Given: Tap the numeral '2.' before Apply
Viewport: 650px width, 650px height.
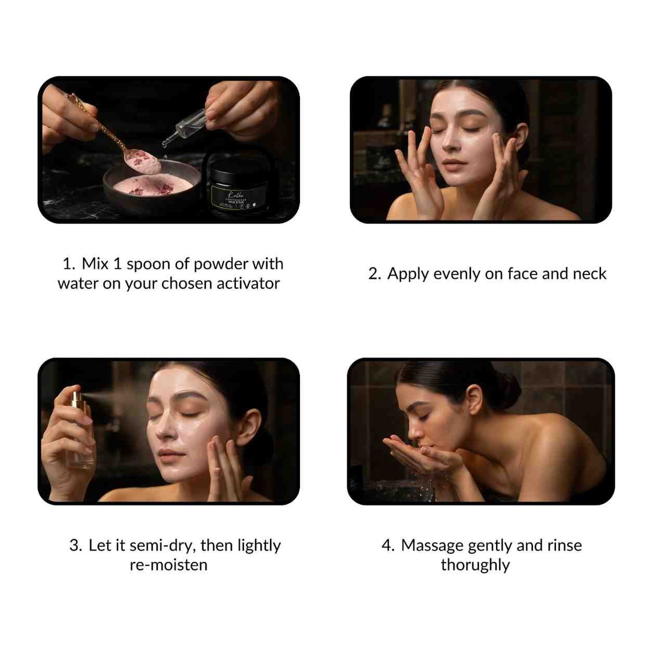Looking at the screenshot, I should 375,274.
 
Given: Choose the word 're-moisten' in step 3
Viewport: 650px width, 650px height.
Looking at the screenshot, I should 168,565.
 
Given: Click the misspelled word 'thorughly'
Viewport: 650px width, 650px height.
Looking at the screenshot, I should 475,565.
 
